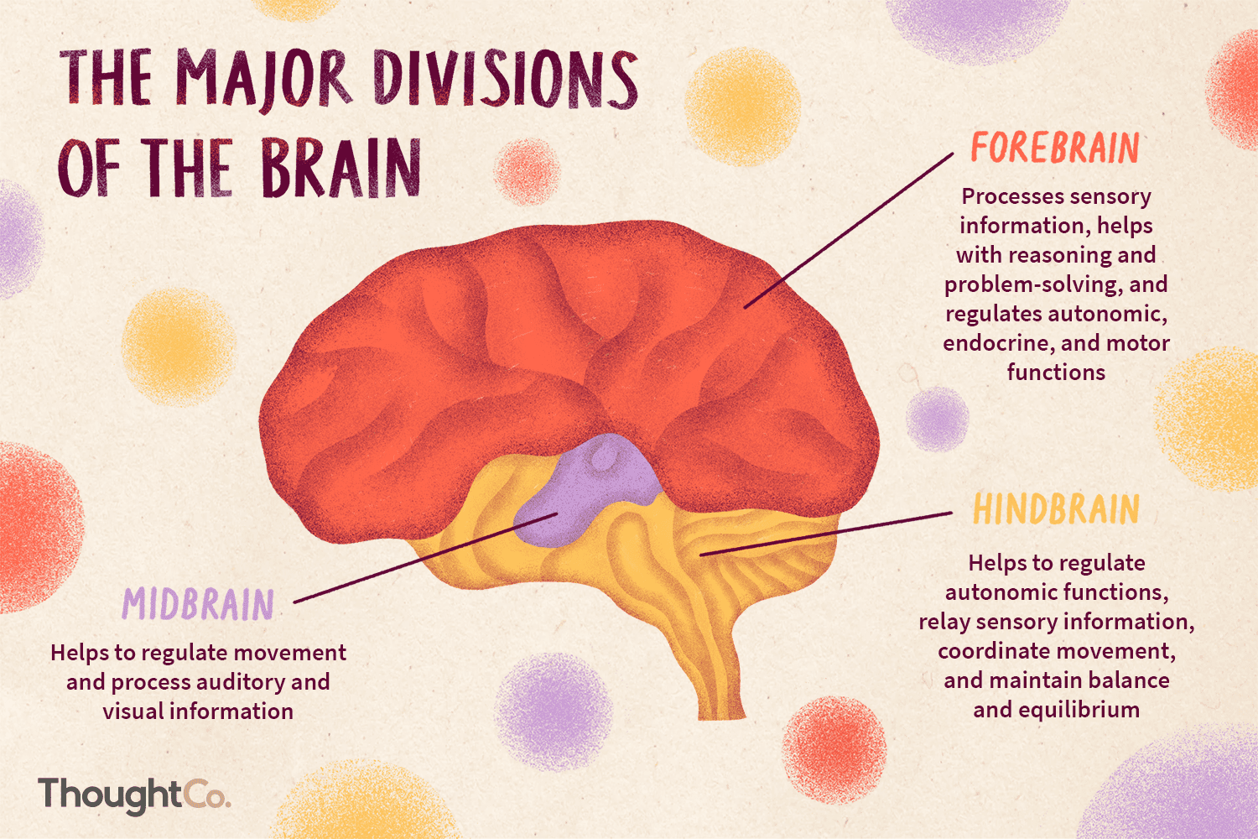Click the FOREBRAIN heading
click(1055, 149)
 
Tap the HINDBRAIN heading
click(1056, 510)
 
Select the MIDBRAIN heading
click(199, 605)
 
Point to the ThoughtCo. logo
click(134, 794)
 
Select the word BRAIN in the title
click(340, 168)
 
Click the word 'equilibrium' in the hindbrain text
click(1081, 710)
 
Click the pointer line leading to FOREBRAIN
click(847, 232)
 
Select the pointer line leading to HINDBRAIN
click(826, 534)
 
